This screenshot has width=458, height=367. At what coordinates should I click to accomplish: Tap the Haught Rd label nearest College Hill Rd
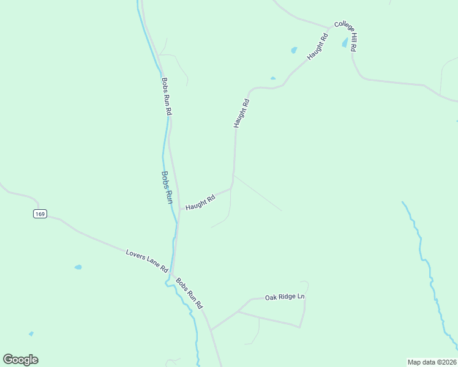coord(318,46)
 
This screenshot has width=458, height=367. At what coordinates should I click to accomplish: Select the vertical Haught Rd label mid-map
coord(242,113)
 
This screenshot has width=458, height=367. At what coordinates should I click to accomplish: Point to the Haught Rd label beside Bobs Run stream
coord(200,202)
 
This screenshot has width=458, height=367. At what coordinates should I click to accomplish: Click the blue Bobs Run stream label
coord(166,187)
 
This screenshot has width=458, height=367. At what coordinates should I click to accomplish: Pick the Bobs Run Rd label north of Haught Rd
coord(167,96)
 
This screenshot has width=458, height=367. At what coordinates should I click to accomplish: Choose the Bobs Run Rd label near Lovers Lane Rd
coord(189,293)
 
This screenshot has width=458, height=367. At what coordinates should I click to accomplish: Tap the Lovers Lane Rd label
coord(147,261)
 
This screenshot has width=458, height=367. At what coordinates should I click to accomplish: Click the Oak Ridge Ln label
coord(284,297)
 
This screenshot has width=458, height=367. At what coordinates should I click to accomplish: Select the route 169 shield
coord(40,213)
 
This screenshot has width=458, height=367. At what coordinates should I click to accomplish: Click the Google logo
coord(20,360)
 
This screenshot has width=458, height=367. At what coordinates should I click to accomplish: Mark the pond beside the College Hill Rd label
coord(345,43)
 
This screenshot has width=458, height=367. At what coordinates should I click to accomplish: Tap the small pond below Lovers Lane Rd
coord(78,267)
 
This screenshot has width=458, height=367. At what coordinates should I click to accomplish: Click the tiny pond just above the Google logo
coord(31,334)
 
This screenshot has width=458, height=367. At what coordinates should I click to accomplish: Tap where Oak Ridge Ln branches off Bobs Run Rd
coord(211,330)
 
